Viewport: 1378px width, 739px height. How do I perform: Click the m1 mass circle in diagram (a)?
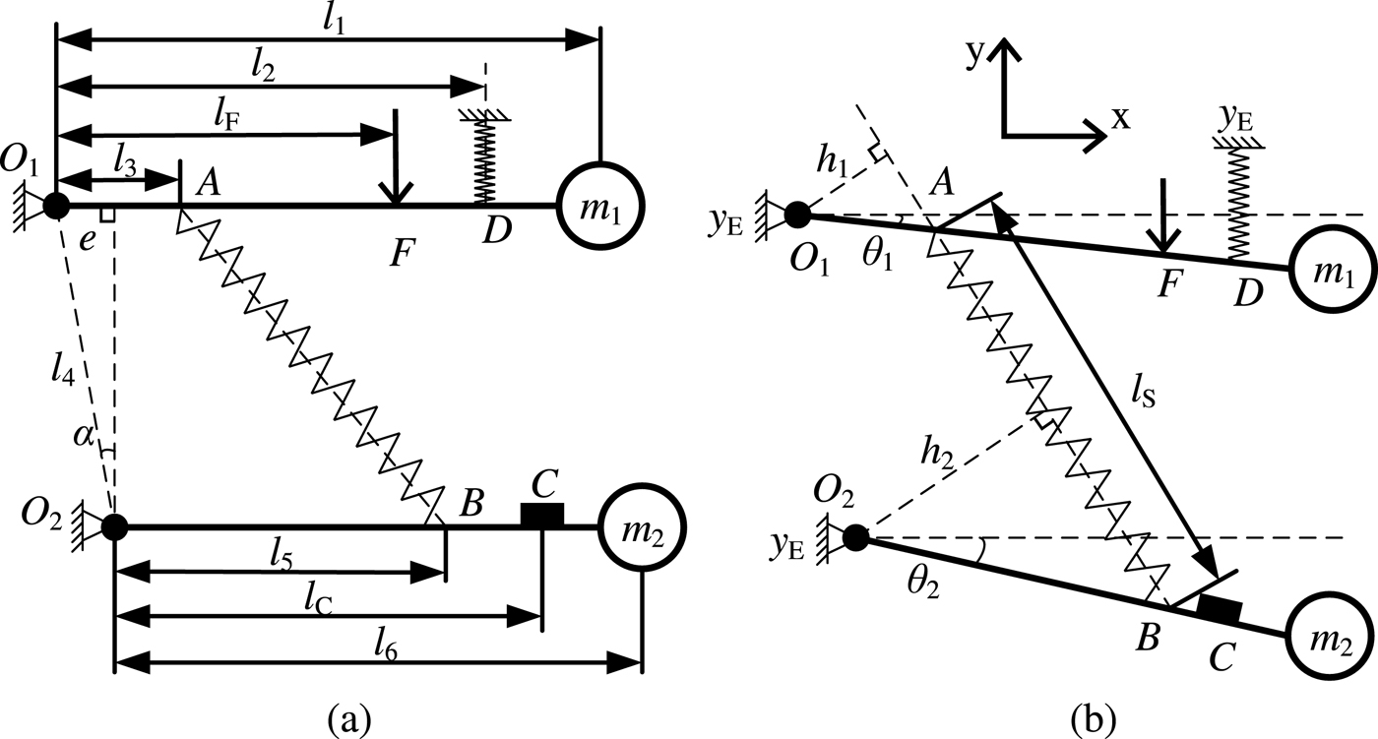601,206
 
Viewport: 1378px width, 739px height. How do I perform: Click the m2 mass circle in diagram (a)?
642,527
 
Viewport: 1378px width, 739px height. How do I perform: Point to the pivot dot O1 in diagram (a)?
56,206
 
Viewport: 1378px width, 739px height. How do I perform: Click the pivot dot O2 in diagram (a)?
115,527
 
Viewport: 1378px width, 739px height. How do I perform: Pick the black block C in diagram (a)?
541,514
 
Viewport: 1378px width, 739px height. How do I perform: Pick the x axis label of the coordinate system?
1119,117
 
